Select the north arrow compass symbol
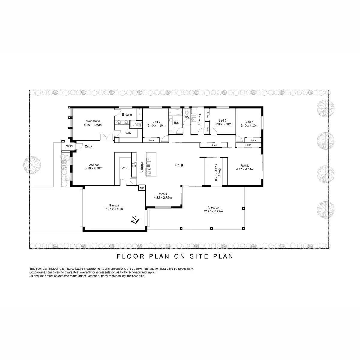tap(135, 220)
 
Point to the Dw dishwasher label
tap(148, 170)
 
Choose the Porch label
tap(69, 146)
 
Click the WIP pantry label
tap(124, 168)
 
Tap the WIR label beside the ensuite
tap(128, 133)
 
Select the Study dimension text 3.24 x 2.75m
tap(216, 172)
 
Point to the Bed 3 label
tap(222, 122)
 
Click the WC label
tap(187, 117)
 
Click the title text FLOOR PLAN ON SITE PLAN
tap(175, 256)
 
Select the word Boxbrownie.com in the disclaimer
tap(40, 272)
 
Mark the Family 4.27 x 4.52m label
tap(245, 167)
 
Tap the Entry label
tap(88, 146)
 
